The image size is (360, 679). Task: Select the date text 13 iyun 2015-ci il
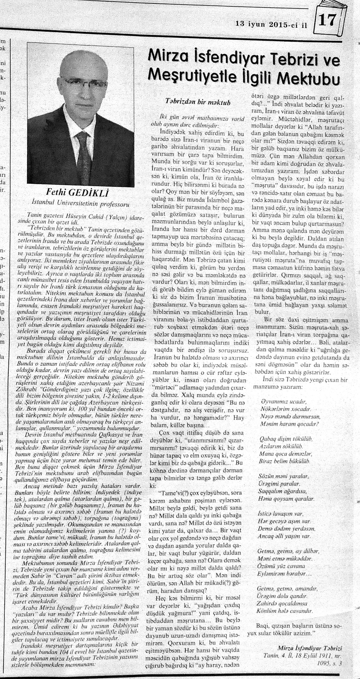pos(271,24)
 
